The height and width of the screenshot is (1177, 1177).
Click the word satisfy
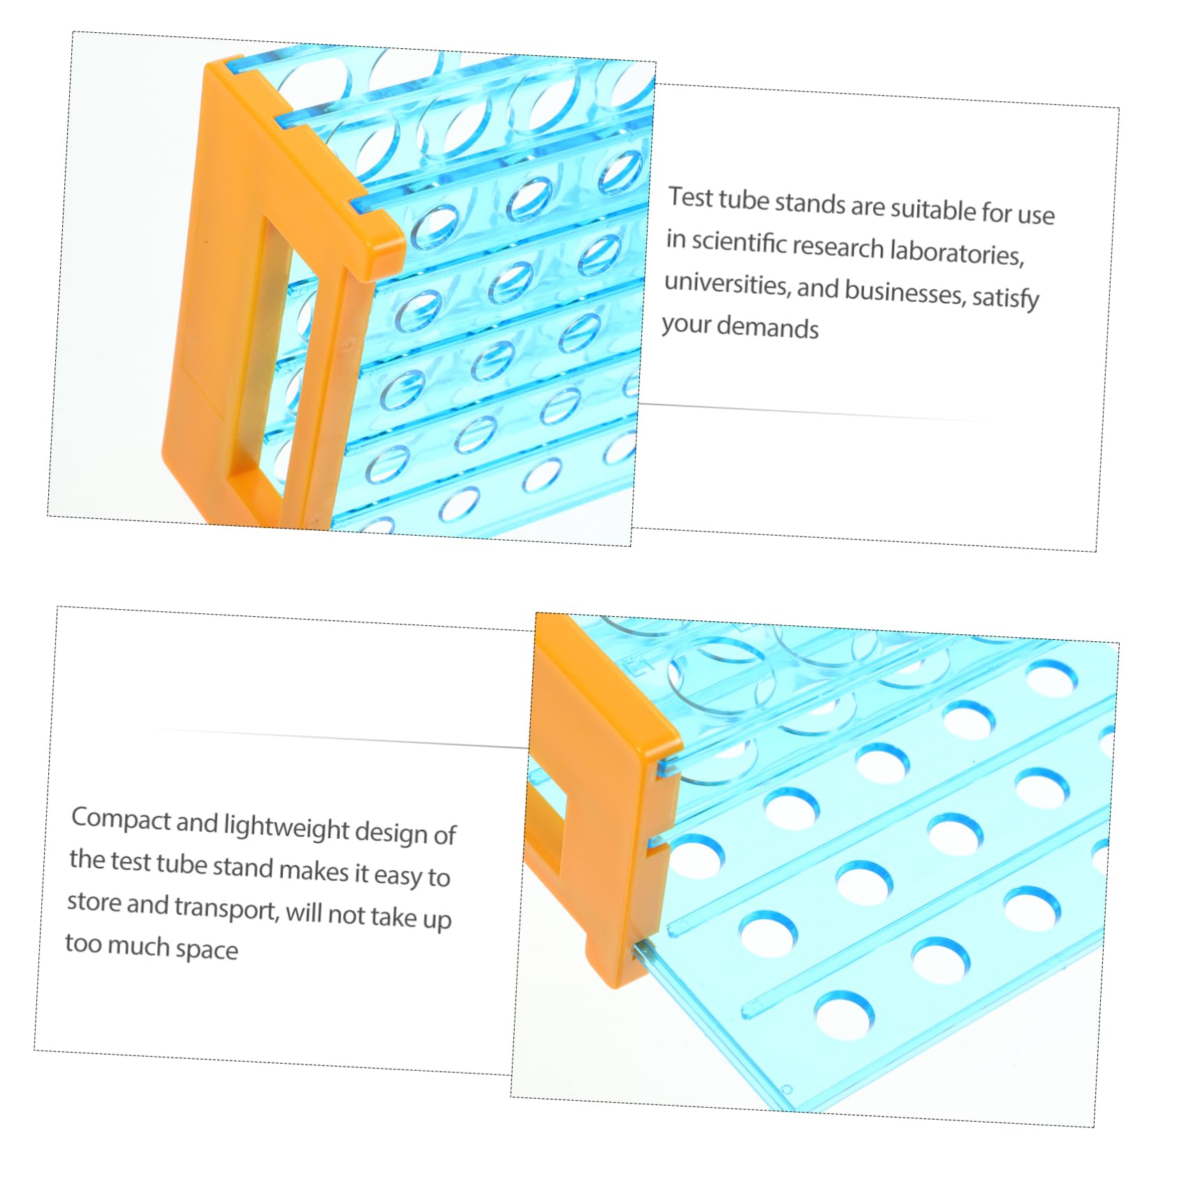(1005, 298)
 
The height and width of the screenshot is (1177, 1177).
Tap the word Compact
(121, 819)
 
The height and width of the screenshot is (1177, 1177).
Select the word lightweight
(286, 827)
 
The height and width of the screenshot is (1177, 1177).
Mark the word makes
(314, 870)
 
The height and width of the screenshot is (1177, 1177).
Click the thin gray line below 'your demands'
(810, 412)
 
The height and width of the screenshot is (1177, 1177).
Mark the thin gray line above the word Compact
(342, 738)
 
